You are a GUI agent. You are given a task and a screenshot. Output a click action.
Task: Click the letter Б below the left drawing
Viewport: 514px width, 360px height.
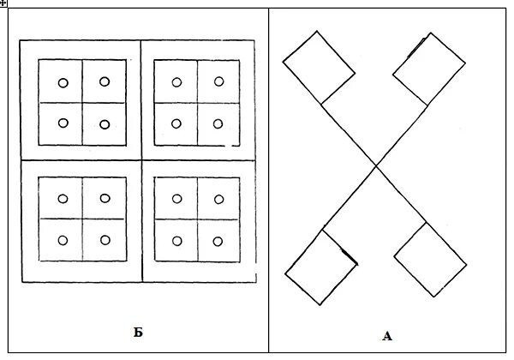[x=137, y=330]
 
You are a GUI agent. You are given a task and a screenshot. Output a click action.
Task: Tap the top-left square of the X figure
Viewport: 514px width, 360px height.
[x=319, y=68]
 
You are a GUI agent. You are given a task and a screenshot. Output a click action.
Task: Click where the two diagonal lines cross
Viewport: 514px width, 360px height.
[x=375, y=165]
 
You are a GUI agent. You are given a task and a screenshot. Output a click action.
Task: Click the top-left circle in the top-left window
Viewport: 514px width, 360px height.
[x=63, y=83]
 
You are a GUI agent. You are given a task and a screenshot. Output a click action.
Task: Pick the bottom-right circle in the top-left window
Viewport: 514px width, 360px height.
[x=105, y=124]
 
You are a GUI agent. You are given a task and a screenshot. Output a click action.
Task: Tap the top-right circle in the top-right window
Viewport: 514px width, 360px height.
[x=218, y=81]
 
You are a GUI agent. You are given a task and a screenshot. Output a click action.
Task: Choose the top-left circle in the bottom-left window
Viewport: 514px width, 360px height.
[x=63, y=199]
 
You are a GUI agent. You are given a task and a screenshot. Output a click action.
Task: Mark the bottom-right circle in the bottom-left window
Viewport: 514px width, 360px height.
[x=105, y=240]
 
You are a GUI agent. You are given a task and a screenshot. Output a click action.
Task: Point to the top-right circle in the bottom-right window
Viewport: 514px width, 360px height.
[x=218, y=198]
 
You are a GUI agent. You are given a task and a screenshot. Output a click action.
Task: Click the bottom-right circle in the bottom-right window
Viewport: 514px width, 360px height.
[x=218, y=240]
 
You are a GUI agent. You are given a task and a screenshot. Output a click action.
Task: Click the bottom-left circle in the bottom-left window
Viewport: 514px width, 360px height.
[x=63, y=240]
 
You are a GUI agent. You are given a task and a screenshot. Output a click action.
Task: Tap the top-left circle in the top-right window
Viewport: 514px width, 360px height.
[x=176, y=82]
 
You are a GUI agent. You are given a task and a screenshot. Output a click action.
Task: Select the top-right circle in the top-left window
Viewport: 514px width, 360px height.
[x=105, y=81]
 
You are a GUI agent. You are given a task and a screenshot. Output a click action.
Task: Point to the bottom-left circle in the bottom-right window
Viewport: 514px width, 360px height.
[x=176, y=240]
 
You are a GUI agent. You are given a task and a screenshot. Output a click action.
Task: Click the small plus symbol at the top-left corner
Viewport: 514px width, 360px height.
[x=4, y=4]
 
